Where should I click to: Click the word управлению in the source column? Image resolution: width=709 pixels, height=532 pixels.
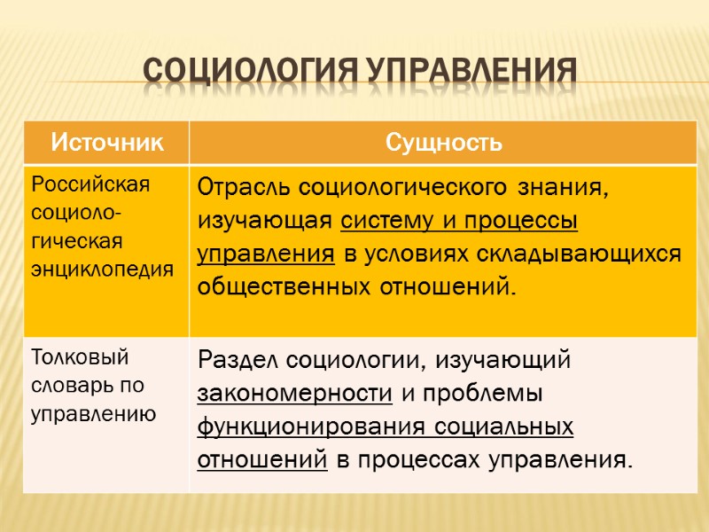point(93,412)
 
